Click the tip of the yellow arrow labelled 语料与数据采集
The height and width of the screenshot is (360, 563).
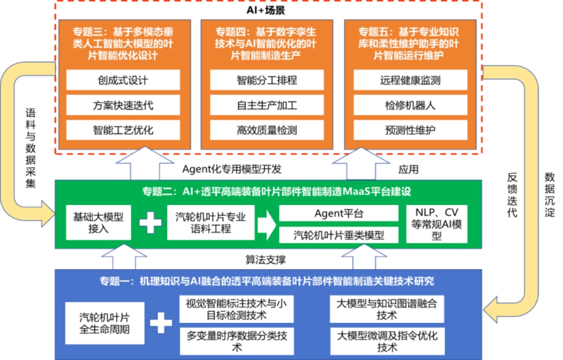55,214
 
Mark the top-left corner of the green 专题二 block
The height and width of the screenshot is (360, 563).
55,181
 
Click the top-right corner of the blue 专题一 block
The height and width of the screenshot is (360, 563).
482,269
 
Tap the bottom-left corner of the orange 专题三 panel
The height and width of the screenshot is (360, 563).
59,149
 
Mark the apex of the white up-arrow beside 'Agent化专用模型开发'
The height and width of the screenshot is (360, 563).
145,147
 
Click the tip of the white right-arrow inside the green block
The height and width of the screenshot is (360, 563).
276,225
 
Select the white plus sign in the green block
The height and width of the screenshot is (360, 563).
151,223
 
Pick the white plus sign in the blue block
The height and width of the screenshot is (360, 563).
161,322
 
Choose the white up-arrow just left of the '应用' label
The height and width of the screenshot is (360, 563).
361,163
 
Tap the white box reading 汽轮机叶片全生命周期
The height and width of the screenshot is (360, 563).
105,323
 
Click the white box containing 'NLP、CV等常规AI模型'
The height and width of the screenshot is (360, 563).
437,224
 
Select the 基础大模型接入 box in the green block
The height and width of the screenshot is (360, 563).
99,222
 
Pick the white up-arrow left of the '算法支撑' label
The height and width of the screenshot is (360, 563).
124,257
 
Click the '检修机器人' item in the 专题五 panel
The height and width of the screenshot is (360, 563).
410,105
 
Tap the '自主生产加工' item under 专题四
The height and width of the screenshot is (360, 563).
267,105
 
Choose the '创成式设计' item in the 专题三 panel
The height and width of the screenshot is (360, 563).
123,80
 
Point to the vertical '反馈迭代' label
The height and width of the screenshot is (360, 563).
512,195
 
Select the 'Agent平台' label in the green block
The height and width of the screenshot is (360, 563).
339,213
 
